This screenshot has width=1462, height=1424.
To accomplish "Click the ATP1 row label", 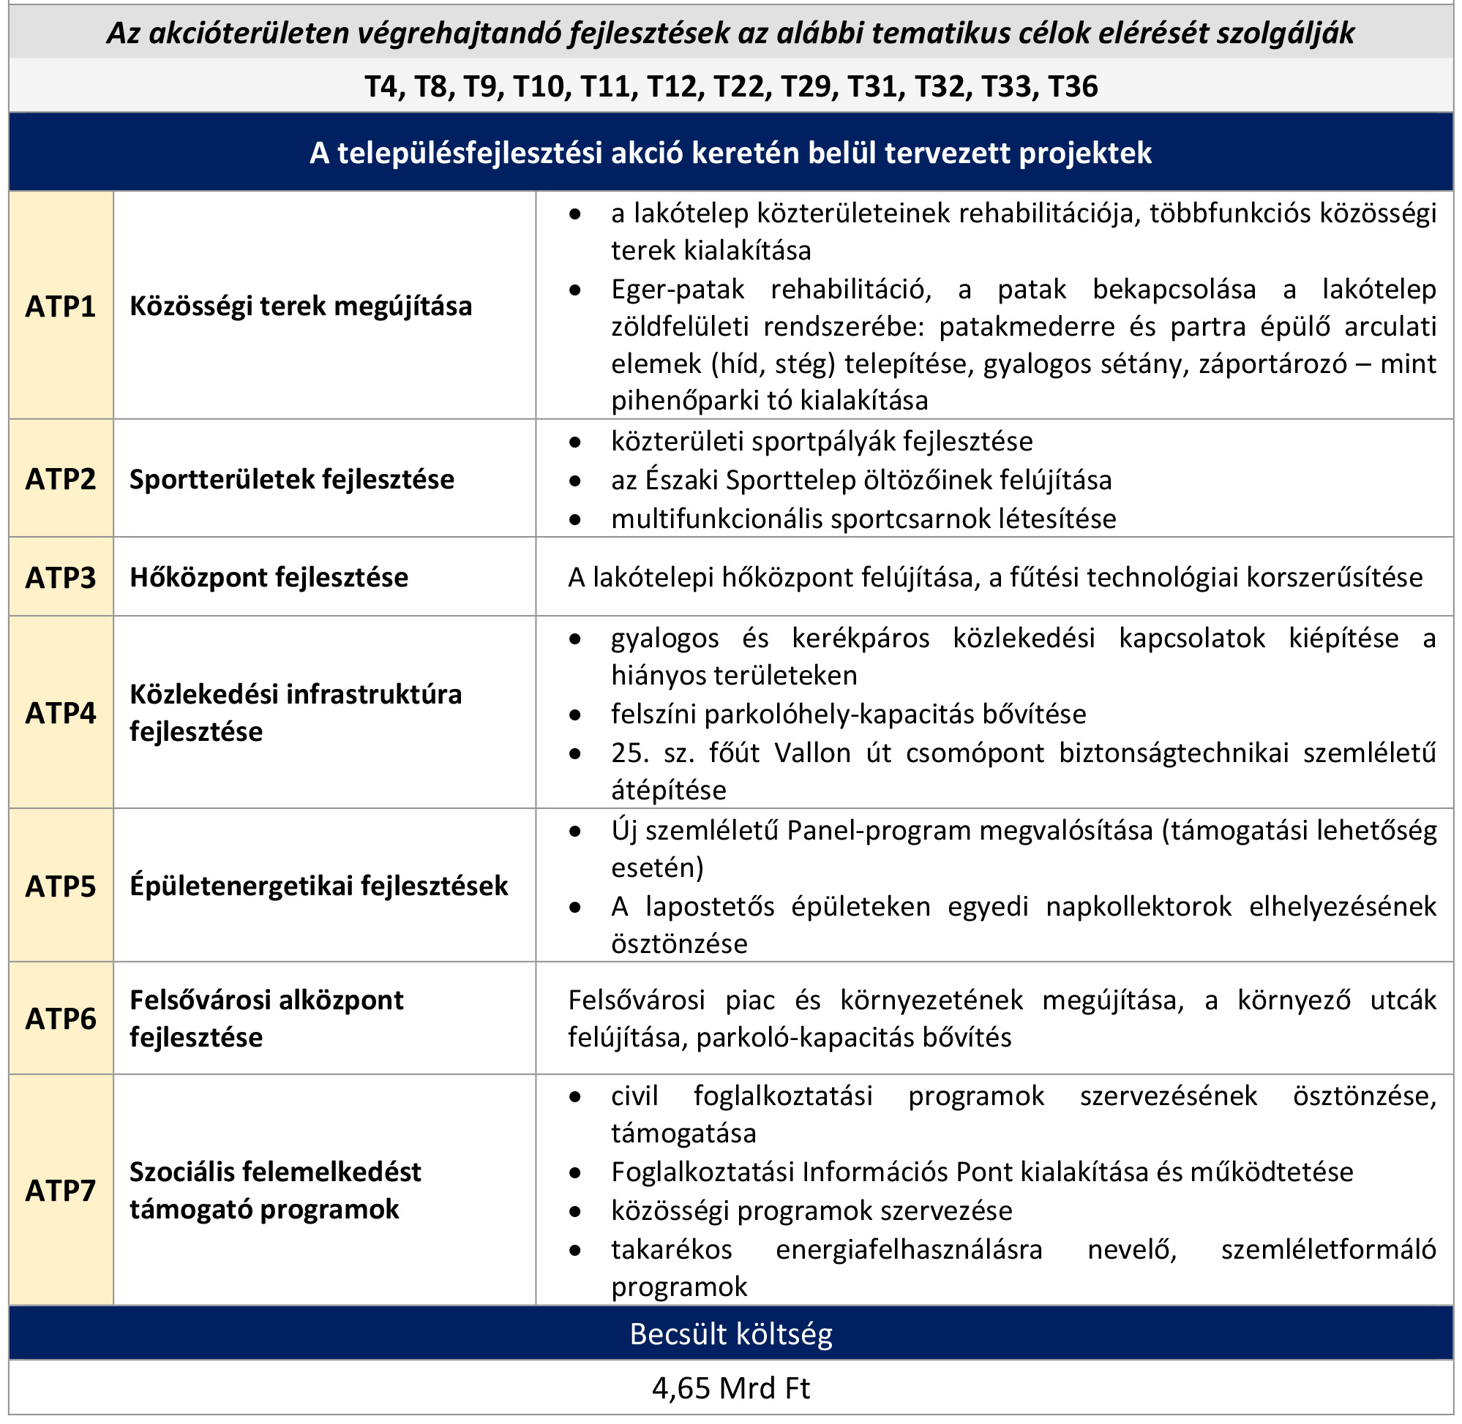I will (61, 306).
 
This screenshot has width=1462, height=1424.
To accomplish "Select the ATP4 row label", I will (61, 714).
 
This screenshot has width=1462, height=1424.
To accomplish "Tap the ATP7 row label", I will (61, 1191).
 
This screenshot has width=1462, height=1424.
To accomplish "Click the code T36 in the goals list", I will (1073, 87).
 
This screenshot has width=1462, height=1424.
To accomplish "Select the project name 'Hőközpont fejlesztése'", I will (269, 577).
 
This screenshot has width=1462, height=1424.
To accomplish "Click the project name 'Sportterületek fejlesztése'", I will (292, 479).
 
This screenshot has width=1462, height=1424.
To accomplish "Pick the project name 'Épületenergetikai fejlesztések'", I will (319, 886).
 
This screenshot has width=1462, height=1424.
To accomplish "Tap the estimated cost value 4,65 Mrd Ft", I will (731, 1389).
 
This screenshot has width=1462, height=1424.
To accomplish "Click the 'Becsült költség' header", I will (731, 1334).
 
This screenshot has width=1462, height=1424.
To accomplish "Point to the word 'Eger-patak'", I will (677, 290).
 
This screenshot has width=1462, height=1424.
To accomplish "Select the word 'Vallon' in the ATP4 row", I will (812, 753).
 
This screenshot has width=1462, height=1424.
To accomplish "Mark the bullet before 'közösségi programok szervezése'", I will (574, 1211).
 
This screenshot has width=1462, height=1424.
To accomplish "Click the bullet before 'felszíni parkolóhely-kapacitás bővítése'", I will (574, 715).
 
